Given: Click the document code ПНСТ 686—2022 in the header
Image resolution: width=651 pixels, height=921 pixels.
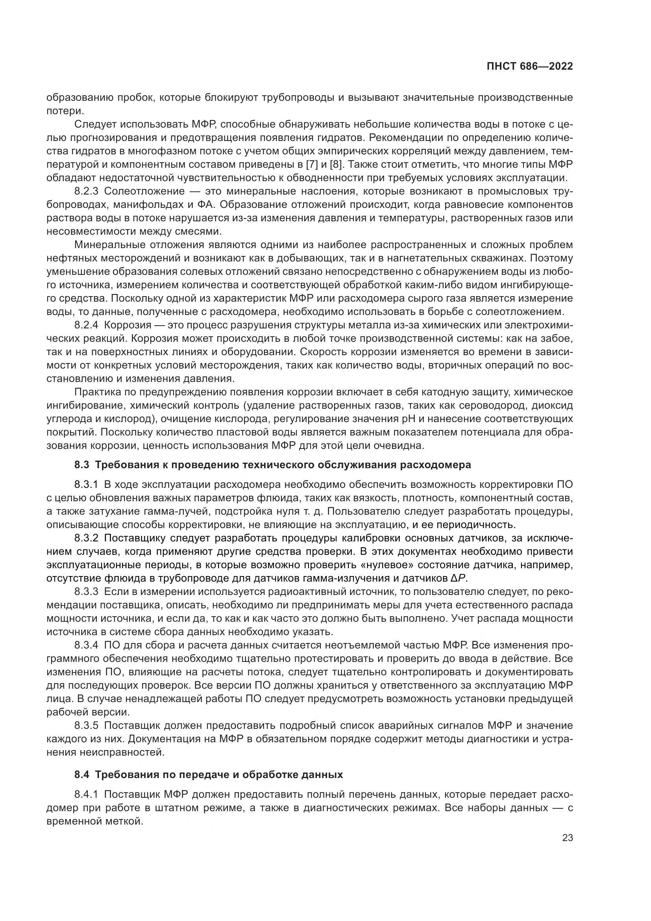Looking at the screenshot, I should [x=529, y=67].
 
